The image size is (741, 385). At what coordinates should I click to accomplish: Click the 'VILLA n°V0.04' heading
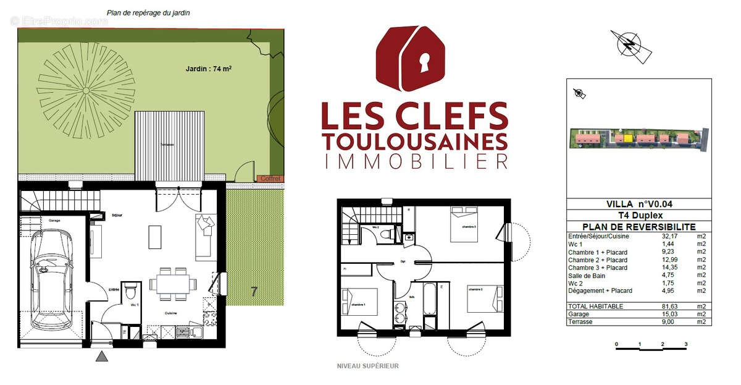[639, 204]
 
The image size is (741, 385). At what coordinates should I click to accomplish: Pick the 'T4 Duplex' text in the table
[639, 216]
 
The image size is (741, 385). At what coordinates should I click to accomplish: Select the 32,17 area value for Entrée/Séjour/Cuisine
[665, 236]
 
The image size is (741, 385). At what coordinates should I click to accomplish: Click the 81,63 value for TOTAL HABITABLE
[665, 307]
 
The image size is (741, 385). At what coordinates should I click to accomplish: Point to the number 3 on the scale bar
[685, 344]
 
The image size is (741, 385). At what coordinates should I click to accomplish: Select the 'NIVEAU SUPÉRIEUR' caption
[367, 366]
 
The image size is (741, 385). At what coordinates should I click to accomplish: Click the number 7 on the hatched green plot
[254, 292]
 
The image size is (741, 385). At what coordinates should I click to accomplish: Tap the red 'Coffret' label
[270, 179]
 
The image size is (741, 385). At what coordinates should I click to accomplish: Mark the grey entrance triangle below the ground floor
[102, 356]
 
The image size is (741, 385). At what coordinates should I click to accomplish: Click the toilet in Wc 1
[129, 290]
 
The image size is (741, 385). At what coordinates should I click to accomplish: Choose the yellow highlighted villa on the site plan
[627, 138]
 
